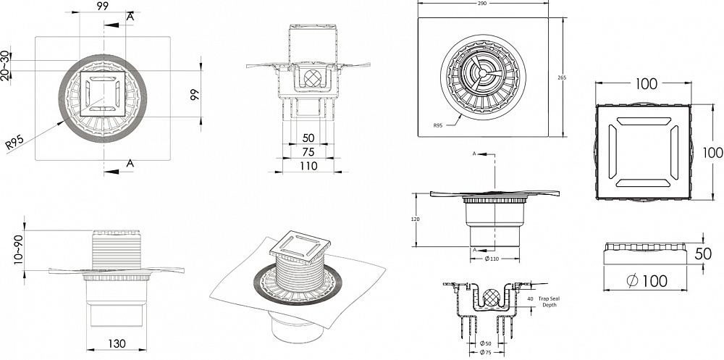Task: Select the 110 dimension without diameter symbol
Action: (x=309, y=166)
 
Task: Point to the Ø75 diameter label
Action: (x=484, y=353)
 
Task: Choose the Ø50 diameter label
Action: (x=483, y=343)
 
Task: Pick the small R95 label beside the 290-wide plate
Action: (x=437, y=125)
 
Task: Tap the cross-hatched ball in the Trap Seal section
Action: (x=487, y=296)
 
